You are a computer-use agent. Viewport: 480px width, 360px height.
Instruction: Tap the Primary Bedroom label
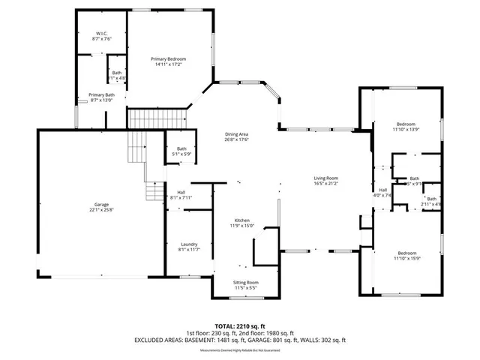tap(168, 59)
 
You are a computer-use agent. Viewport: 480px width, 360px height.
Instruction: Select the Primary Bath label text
tap(101, 94)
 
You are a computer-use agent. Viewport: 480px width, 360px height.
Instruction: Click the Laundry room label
tap(189, 244)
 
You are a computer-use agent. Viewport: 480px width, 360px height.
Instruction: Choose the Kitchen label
tap(241, 220)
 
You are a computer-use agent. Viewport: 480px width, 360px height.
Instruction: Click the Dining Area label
tap(237, 134)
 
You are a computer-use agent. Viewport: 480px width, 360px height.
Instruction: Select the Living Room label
tap(326, 178)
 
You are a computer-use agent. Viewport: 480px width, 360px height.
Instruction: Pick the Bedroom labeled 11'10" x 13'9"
tap(406, 124)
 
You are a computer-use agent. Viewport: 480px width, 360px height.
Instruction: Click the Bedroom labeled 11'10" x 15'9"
tap(407, 253)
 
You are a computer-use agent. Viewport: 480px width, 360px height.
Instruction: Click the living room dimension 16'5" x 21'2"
tap(326, 183)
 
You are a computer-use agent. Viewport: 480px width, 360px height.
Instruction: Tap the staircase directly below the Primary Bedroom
tap(156, 118)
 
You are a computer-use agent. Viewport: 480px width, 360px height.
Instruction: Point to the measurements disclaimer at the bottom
tap(240, 350)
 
